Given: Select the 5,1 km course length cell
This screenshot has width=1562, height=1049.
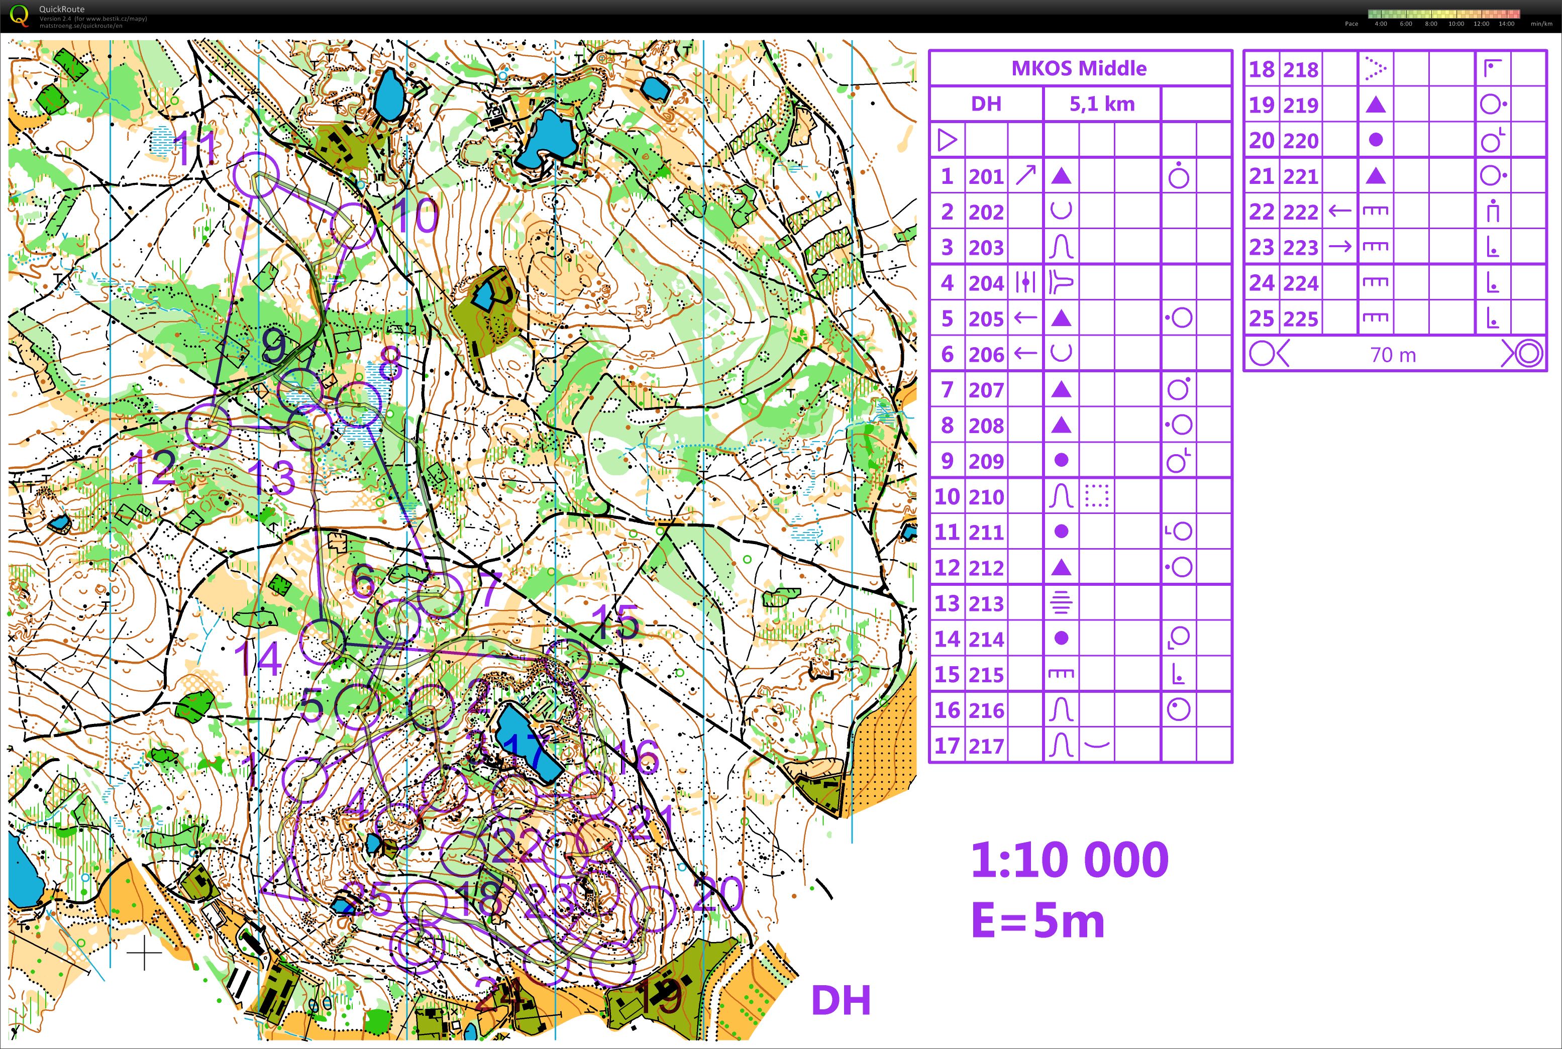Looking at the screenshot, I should coord(1101,103).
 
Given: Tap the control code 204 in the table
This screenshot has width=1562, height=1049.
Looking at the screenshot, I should coord(986,283).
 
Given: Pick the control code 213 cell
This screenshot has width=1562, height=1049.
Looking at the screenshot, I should coord(986,603).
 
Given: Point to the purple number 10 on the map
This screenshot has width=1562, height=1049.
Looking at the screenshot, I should coord(415,216).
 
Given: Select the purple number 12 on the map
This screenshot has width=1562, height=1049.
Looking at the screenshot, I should coord(154,468).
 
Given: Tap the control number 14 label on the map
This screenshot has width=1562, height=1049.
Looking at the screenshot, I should coord(258,659).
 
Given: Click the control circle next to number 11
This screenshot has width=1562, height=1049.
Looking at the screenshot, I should coord(256,175).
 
